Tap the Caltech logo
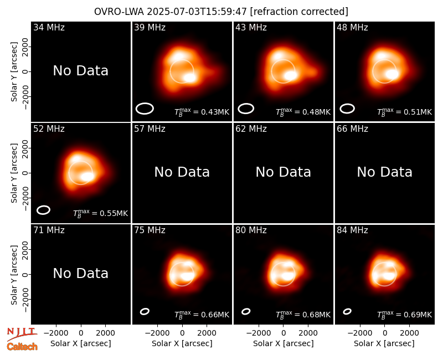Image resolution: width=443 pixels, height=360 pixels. (x=22, y=347)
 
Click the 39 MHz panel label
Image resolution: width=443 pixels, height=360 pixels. (x=150, y=27)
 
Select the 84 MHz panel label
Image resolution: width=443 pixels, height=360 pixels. (x=352, y=230)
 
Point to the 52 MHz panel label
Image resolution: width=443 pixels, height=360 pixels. (x=49, y=129)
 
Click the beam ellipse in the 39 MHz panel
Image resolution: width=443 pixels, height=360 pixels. (x=145, y=109)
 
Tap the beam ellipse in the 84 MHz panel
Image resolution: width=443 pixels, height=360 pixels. (x=347, y=311)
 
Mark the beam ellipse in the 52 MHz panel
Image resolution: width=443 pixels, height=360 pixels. (x=43, y=210)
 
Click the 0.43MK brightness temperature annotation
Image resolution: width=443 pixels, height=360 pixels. (x=202, y=112)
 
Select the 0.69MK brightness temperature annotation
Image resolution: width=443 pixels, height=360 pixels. (x=404, y=314)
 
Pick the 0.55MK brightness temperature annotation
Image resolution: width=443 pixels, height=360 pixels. (x=100, y=213)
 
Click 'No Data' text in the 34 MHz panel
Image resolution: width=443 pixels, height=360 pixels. (x=80, y=71)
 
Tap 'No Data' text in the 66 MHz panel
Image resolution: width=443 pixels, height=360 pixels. (x=384, y=172)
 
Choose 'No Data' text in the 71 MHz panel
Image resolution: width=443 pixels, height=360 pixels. (x=80, y=273)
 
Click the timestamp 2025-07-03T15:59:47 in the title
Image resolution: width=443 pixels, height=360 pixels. (x=197, y=12)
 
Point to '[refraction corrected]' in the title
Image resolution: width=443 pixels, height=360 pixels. (x=299, y=12)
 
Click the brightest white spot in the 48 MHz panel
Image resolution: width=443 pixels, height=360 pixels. (x=392, y=74)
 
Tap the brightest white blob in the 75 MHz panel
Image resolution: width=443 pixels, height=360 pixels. (x=187, y=276)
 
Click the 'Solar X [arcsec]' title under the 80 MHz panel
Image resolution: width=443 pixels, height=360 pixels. (x=283, y=343)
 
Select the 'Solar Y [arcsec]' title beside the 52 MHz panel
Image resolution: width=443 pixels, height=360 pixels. (x=14, y=173)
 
